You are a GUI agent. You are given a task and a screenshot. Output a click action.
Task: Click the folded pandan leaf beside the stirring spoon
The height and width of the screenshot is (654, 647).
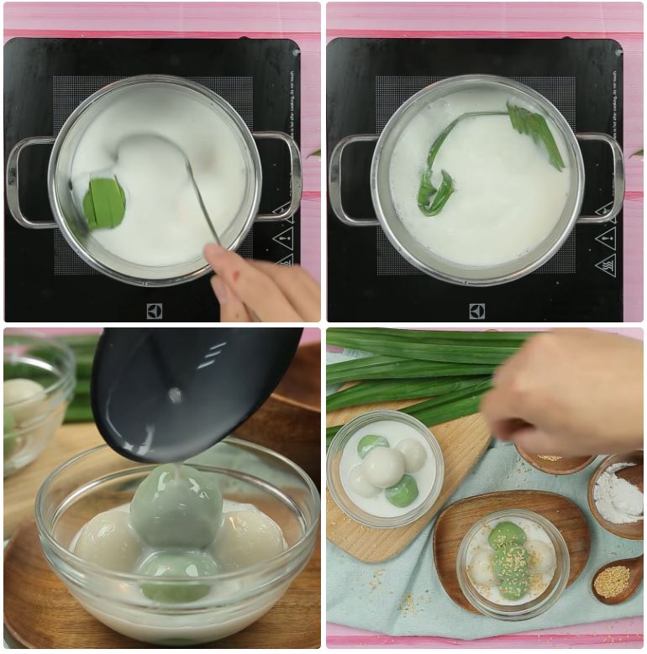tap(105, 202)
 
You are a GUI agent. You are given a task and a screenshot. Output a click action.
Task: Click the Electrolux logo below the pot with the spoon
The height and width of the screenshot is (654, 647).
tap(155, 311)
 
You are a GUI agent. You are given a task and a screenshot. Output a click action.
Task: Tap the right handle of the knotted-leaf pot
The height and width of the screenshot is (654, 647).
tap(606, 176)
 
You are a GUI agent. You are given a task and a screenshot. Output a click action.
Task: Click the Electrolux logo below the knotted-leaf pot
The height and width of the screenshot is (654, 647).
tap(477, 311)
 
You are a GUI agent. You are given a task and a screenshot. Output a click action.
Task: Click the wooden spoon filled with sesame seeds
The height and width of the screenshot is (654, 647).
tap(617, 579)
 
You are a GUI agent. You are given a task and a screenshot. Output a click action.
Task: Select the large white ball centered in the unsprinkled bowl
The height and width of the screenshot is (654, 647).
tap(383, 467)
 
